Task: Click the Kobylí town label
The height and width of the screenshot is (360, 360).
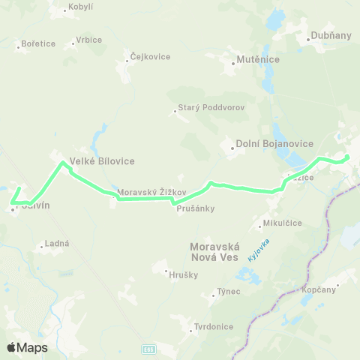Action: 79,7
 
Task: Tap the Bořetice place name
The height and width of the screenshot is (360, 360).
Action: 39,43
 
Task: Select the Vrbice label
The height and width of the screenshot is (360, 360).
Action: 88,39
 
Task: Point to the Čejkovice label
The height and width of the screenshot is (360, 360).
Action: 150,57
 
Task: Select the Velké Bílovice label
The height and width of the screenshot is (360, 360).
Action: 103,160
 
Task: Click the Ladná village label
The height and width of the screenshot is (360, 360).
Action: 57,244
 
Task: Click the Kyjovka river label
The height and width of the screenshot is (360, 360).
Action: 261,250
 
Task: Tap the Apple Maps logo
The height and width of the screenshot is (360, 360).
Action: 26,347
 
